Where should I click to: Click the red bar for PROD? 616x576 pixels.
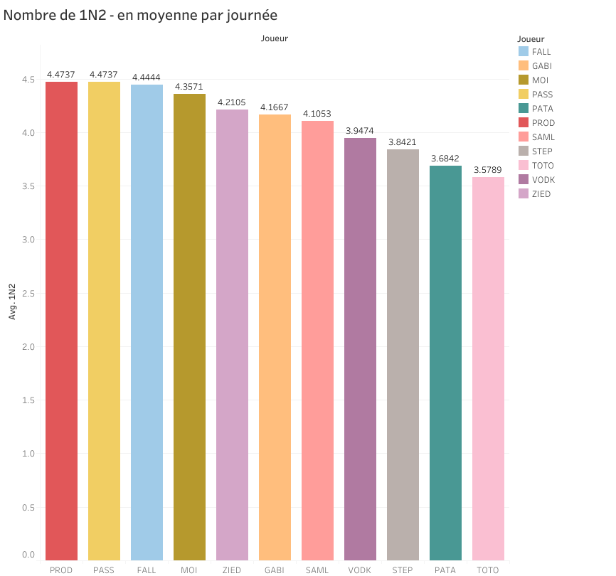tap(61, 320)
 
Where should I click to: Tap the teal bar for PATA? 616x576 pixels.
tap(445, 363)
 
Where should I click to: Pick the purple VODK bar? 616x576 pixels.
tap(360, 348)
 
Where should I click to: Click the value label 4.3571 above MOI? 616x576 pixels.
tap(189, 88)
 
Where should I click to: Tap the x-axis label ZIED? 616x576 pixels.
tap(232, 570)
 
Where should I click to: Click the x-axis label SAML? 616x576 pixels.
tap(317, 570)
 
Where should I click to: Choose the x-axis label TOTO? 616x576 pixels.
tap(488, 570)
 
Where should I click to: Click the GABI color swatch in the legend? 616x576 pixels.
tap(524, 66)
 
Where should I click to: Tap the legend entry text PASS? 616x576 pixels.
tap(542, 95)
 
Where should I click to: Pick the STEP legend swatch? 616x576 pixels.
tap(524, 151)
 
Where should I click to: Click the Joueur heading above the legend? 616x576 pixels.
tap(531, 39)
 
